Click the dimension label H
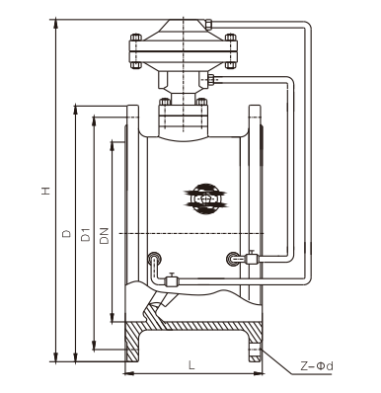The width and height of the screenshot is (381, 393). point(46,191)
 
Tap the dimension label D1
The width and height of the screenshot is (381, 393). point(86,234)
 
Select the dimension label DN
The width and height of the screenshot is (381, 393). point(105,235)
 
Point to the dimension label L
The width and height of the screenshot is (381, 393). point(191,364)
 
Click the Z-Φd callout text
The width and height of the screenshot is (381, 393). point(317,365)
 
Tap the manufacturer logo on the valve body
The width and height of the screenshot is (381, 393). point(206,199)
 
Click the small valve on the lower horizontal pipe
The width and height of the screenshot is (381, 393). point(171,280)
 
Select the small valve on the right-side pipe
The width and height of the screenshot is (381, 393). point(252,258)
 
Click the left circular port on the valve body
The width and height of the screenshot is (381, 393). point(154,258)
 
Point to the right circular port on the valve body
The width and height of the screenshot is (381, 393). point(233,259)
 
